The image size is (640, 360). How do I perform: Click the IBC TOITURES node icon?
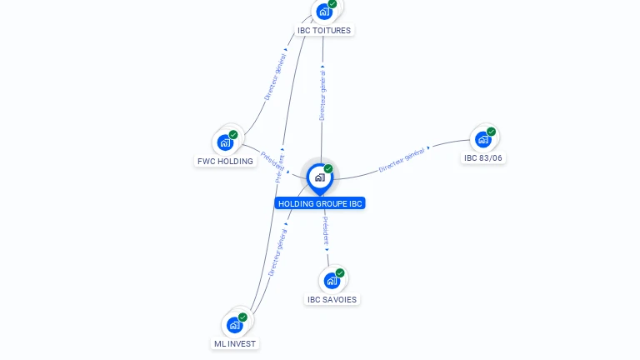pos(324,12)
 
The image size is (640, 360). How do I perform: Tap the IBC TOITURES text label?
pos(324,31)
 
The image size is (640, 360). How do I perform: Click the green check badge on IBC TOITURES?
pos(332,4)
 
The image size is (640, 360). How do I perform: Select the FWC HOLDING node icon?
pos(225,142)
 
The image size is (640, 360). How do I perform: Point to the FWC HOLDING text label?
pos(225,162)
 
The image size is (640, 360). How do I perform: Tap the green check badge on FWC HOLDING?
pos(233,135)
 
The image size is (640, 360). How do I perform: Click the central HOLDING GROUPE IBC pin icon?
pos(319,177)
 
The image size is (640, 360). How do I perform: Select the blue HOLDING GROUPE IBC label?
pos(320,203)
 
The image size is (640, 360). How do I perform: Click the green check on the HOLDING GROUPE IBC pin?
pos(328,169)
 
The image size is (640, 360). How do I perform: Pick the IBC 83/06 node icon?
pos(483,139)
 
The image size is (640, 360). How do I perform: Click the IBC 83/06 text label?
pos(483,158)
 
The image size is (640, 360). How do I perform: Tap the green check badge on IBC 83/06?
pos(492,132)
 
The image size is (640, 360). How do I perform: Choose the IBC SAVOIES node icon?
pos(332,280)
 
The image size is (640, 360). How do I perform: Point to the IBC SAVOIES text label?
pos(332,300)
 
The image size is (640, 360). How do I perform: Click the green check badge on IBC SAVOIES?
pos(340,272)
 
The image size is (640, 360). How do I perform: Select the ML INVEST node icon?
pos(234,324)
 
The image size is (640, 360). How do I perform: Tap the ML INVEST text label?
pos(235,344)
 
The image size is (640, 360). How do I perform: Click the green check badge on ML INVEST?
pos(242,317)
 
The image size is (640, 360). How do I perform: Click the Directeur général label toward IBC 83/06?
pos(402,160)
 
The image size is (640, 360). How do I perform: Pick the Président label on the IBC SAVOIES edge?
pos(325,231)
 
